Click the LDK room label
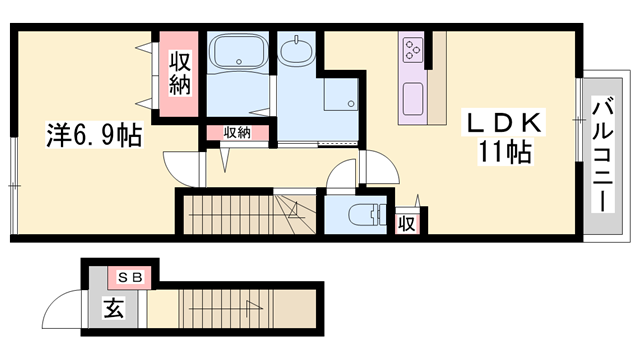pos(502,124)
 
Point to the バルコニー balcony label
pos(602,155)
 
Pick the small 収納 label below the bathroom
pos(236,133)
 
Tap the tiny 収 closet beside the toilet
pos(409,222)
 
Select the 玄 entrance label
pos(113,309)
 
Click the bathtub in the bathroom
pos(237,51)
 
